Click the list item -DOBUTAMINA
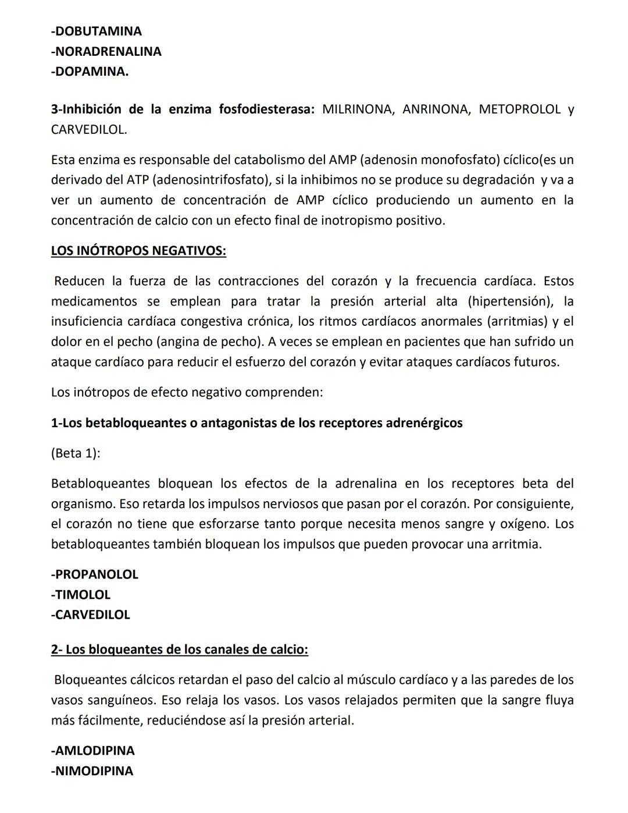tap(96, 31)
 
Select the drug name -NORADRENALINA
tap(106, 51)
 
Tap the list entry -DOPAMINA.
tap(90, 72)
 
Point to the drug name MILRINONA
tap(357, 109)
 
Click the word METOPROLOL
tap(519, 109)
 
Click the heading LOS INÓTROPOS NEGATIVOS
tap(138, 251)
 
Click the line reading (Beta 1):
tap(76, 453)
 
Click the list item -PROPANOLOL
tap(94, 574)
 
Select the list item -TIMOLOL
tap(80, 595)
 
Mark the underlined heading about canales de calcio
tap(179, 649)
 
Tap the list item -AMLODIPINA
tap(92, 751)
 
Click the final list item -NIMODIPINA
tap(92, 771)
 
